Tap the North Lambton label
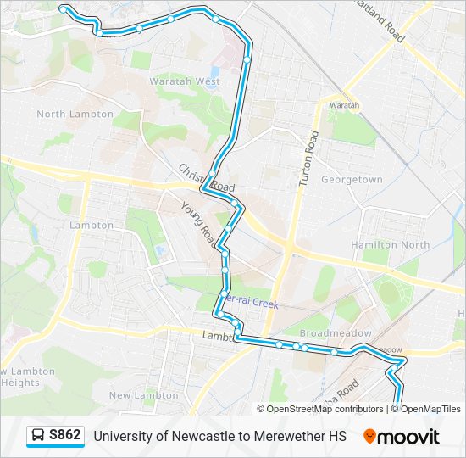75,114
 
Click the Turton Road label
307,159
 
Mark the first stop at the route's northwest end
64,8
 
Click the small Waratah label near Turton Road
345,105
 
